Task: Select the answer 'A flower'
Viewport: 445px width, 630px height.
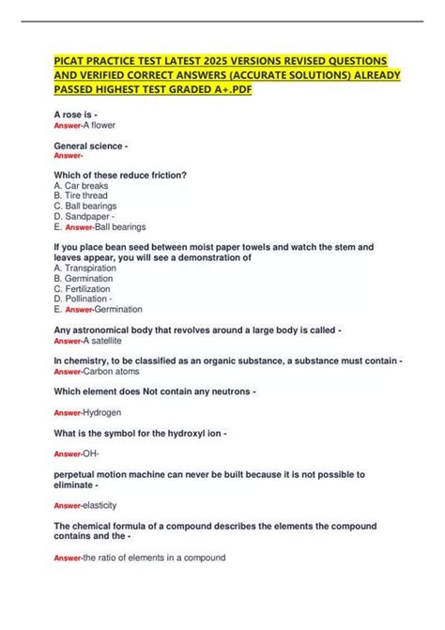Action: coord(99,125)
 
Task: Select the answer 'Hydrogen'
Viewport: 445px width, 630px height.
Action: coord(102,412)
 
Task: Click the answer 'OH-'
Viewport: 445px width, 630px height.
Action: coord(92,453)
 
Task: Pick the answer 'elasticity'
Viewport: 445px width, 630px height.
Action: coord(103,504)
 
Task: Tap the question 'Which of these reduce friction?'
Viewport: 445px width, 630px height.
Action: coord(120,176)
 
